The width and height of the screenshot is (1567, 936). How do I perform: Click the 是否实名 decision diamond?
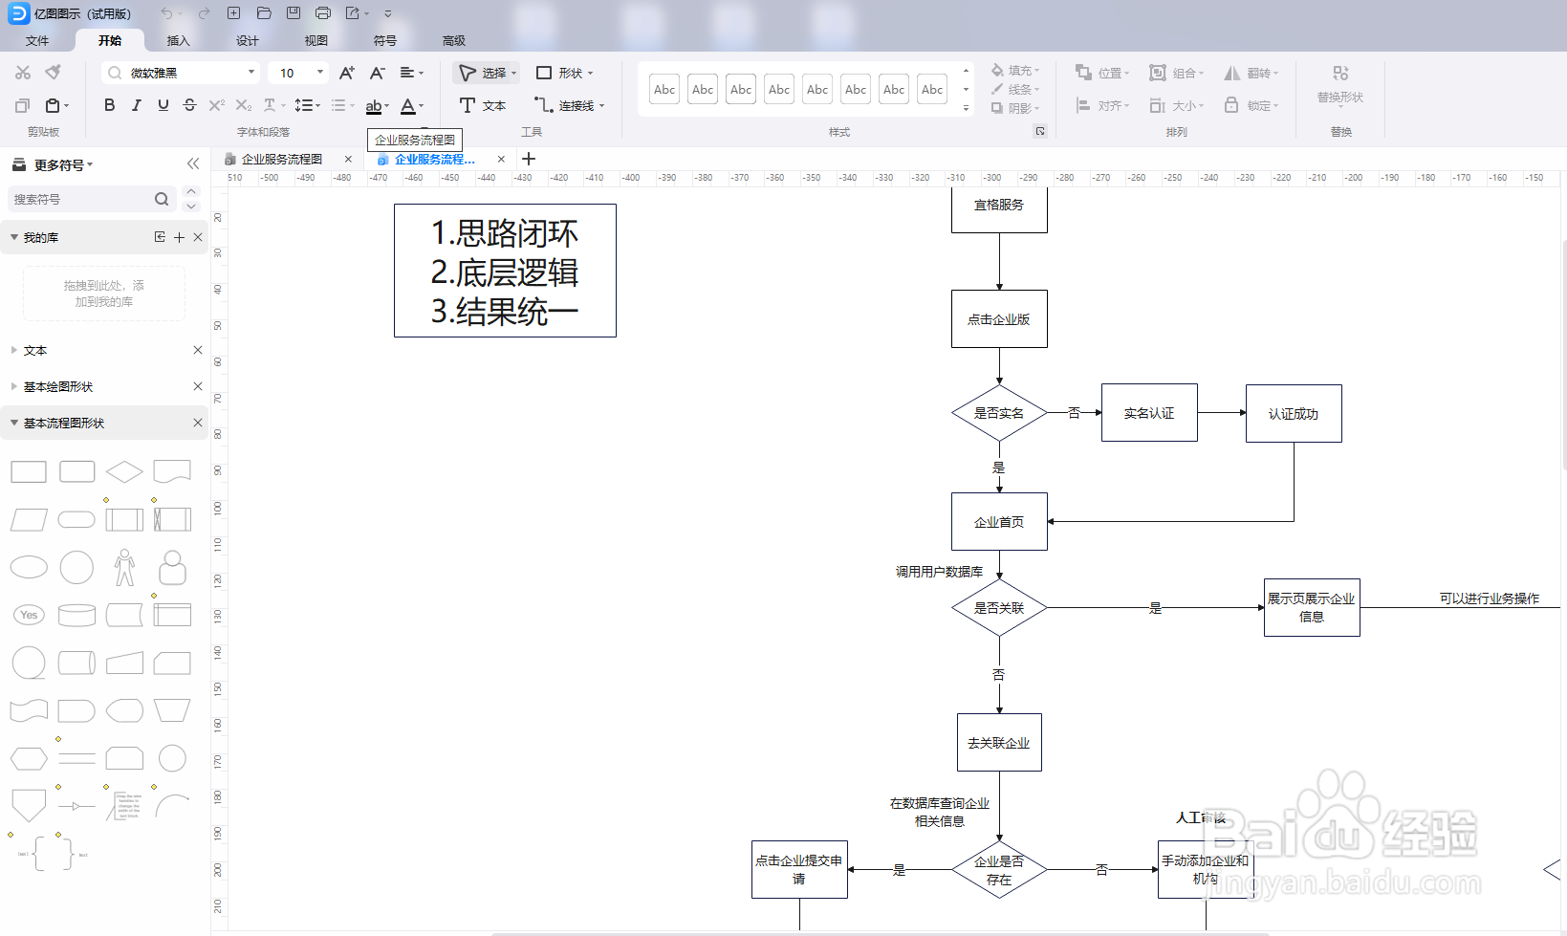pos(999,413)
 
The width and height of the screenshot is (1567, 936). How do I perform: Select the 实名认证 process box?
pos(1149,413)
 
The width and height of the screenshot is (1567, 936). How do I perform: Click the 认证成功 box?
pos(1294,414)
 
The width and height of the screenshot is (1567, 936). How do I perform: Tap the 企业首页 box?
pos(999,522)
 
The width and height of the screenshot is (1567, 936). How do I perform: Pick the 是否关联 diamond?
pos(999,608)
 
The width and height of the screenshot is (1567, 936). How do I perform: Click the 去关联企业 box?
pos(999,743)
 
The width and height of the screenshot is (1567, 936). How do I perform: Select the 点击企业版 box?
pos(999,319)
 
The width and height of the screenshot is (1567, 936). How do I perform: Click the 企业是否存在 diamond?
pos(999,870)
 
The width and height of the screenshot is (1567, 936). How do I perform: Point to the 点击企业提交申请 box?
pos(799,870)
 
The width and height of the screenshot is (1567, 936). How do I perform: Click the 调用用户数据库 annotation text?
pos(939,572)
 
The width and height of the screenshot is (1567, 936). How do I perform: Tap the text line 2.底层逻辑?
pos(505,272)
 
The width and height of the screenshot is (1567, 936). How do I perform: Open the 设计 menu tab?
pos(247,40)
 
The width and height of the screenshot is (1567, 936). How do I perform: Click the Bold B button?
pos(109,105)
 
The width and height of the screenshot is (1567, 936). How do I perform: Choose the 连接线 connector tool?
pos(569,105)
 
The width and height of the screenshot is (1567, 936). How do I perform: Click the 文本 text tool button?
pos(483,105)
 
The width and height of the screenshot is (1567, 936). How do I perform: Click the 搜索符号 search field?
pos(81,199)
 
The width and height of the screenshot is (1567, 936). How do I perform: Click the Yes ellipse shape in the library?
pos(29,615)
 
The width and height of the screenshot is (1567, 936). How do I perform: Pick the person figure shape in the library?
pos(124,567)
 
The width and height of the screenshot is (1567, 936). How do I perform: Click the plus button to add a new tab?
pos(529,159)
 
